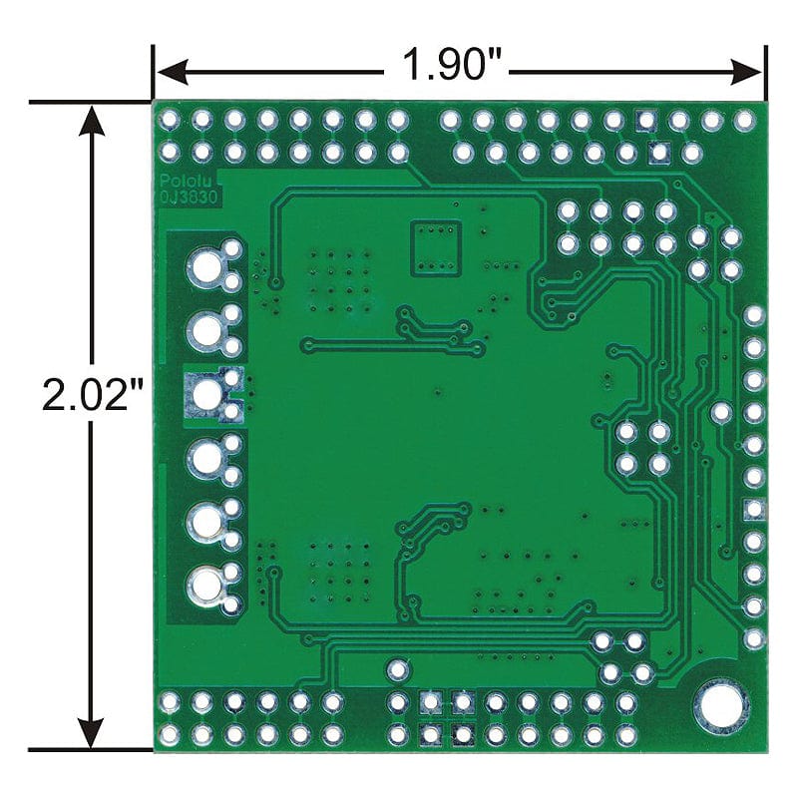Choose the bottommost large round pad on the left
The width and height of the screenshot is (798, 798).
[x=206, y=585]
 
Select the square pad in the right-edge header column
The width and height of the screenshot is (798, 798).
[x=754, y=510]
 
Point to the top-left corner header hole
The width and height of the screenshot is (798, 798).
[x=170, y=121]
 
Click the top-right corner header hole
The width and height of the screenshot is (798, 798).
[x=744, y=121]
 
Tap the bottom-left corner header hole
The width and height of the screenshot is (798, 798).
[x=170, y=735]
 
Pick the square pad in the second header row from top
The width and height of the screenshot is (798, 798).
[x=658, y=153]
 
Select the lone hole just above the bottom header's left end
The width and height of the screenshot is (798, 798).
[x=398, y=668]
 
